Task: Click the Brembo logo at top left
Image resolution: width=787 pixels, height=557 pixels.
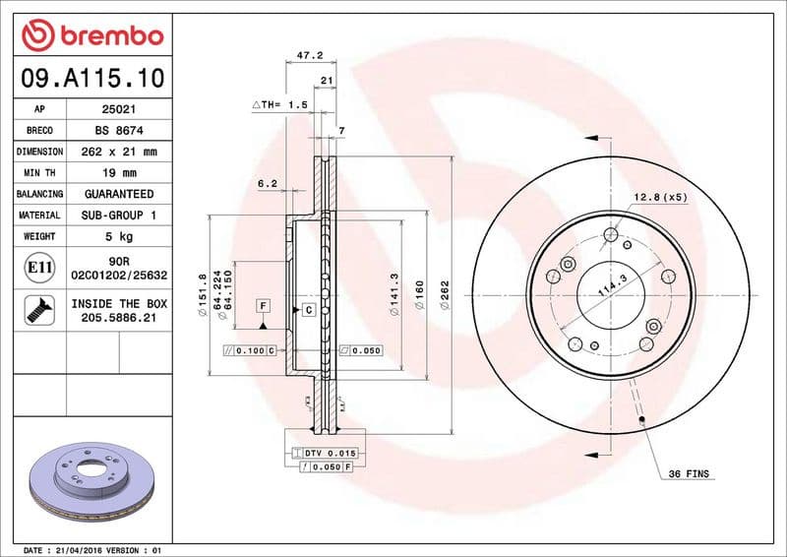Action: tap(91, 35)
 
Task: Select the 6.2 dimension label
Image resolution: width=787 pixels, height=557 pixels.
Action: tap(267, 183)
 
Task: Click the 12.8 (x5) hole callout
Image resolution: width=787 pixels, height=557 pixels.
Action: tap(658, 196)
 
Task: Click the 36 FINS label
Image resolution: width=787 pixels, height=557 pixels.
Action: tap(689, 474)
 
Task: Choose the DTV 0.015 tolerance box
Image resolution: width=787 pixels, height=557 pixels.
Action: tap(324, 452)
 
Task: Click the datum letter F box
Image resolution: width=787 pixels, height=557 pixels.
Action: tap(263, 306)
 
